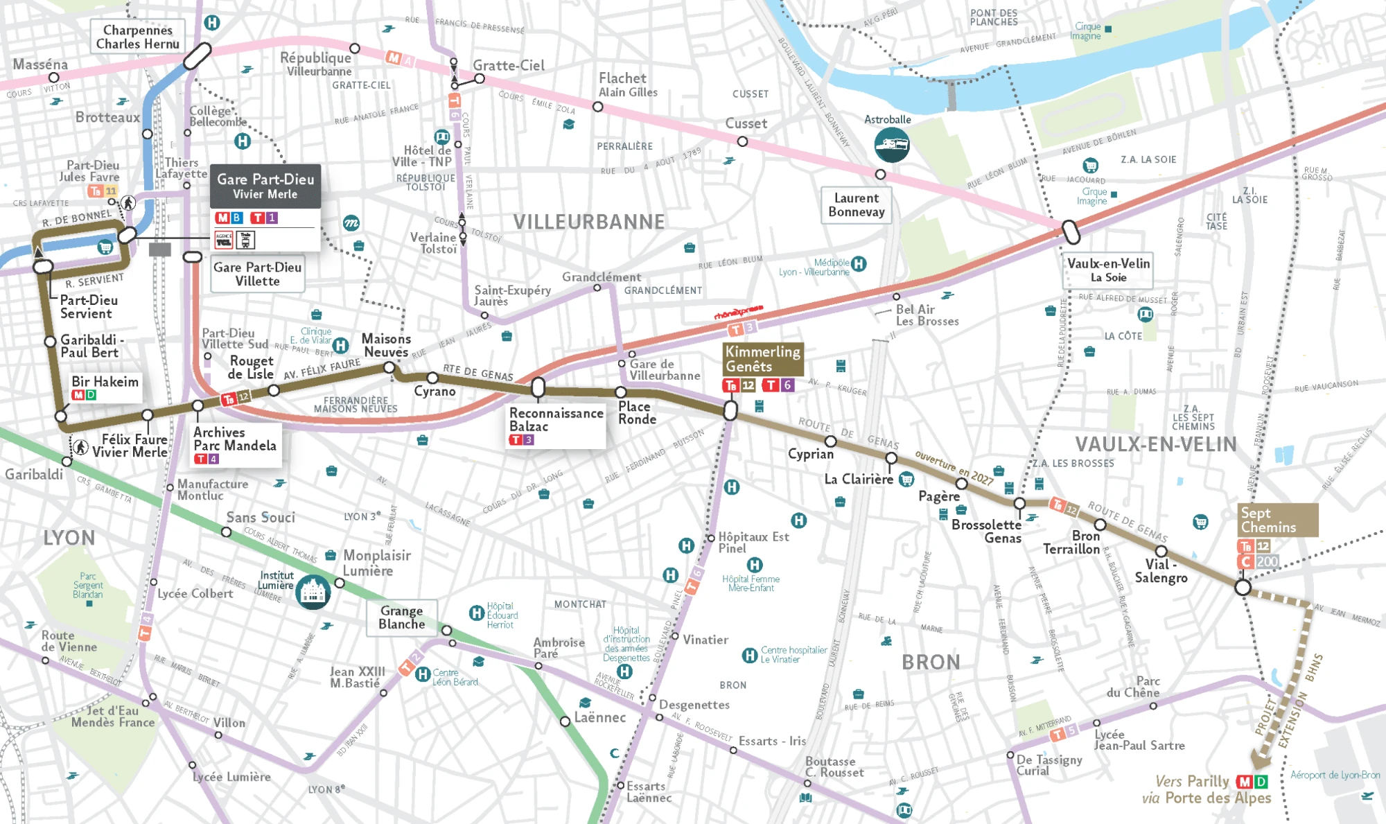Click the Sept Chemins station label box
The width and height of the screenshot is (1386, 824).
pos(1278,520)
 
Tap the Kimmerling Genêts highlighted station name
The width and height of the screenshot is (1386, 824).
pos(762,359)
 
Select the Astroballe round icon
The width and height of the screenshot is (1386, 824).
pos(891,144)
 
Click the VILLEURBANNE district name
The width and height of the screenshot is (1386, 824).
pos(588,222)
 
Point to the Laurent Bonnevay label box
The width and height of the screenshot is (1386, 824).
pos(856,205)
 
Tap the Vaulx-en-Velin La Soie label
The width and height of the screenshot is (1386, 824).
pos(1107,270)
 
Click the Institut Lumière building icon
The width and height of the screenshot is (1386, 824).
pos(313,592)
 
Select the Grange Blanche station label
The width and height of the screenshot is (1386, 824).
pos(402,617)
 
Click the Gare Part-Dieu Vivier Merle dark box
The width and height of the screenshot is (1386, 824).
pos(265,186)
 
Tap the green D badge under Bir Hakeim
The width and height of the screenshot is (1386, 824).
pos(91,395)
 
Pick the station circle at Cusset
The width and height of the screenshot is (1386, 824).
pos(742,141)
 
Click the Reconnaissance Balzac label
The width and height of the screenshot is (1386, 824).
pos(556,420)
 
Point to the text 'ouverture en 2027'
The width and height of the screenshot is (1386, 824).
pos(954,468)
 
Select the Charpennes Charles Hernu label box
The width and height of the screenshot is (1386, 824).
pos(138,37)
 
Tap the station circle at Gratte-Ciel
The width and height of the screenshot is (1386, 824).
pos(480,79)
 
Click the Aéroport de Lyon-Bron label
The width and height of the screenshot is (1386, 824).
pos(1335,775)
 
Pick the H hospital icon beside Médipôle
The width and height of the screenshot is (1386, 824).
pos(859,263)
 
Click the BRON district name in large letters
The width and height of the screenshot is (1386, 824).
pos(931,662)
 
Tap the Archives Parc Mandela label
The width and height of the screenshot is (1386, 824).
pos(234,439)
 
